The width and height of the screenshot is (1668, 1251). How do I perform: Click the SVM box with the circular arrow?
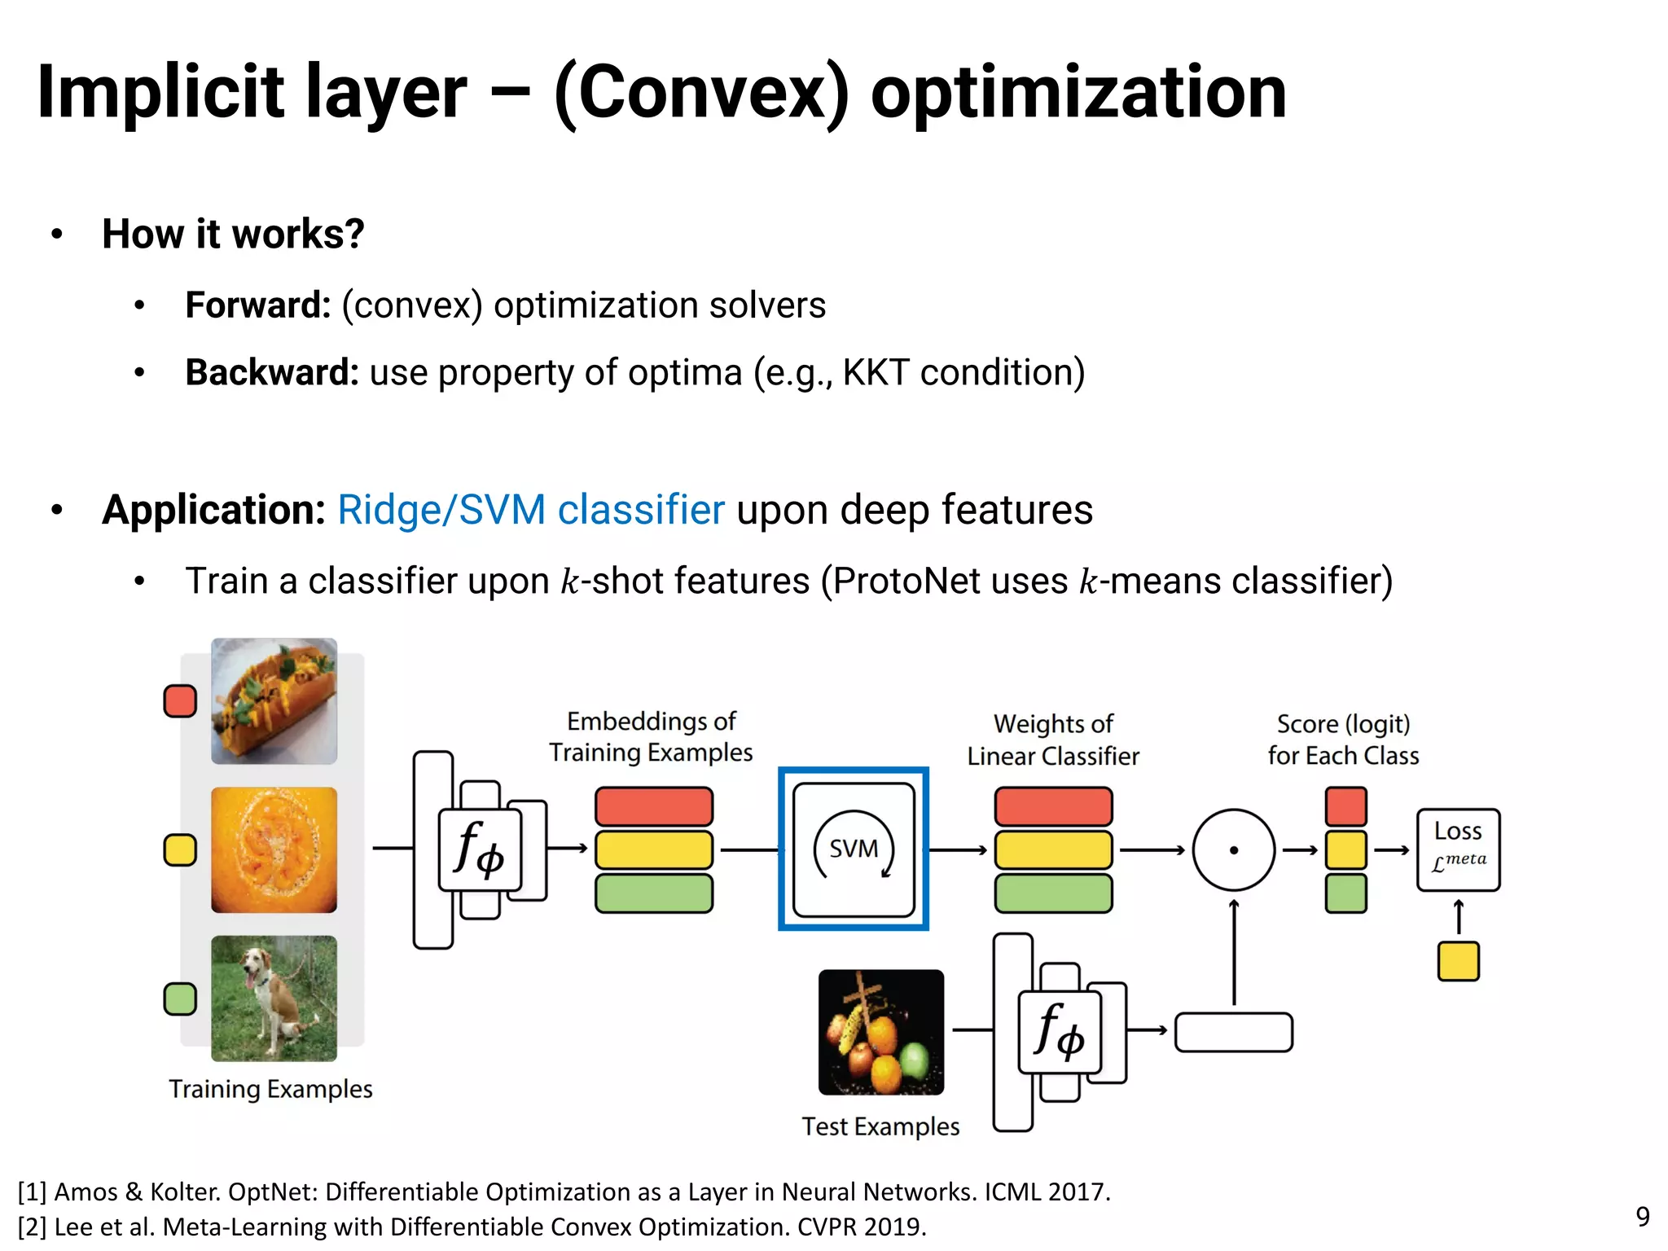coord(854,849)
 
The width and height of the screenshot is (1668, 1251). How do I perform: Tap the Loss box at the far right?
coord(1458,849)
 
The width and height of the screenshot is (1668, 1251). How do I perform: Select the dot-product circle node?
coord(1233,849)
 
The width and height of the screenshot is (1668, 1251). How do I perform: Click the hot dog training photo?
coord(274,701)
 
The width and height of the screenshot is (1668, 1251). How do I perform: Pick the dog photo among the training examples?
coord(274,998)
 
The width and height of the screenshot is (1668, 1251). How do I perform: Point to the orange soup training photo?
coord(274,849)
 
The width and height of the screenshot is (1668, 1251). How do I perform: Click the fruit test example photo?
coord(880,1032)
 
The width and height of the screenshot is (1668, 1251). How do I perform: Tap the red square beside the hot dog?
coord(180,700)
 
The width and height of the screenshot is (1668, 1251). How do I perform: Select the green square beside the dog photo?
coord(180,999)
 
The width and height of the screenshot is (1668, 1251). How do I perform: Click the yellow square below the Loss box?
coord(1458,961)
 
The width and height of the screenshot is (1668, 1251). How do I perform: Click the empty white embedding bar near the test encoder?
coord(1233,1032)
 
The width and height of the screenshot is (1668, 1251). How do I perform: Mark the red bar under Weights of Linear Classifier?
coord(1053,806)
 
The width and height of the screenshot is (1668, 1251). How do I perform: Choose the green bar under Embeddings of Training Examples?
coord(653,893)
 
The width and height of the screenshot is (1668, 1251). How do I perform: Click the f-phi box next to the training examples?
coord(480,849)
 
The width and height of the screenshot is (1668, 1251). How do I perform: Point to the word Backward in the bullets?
coord(271,372)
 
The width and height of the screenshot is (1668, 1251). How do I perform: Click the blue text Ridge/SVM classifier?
coord(530,510)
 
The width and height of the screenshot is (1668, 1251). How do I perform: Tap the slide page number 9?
coord(1643,1216)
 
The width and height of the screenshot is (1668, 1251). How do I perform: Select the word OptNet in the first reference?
coord(274,1192)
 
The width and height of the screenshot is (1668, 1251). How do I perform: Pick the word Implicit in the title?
coord(160,92)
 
